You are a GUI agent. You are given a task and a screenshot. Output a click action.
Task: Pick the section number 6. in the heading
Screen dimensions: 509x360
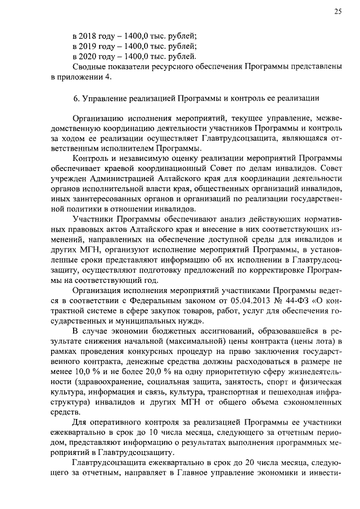pyautogui.click(x=76, y=98)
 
